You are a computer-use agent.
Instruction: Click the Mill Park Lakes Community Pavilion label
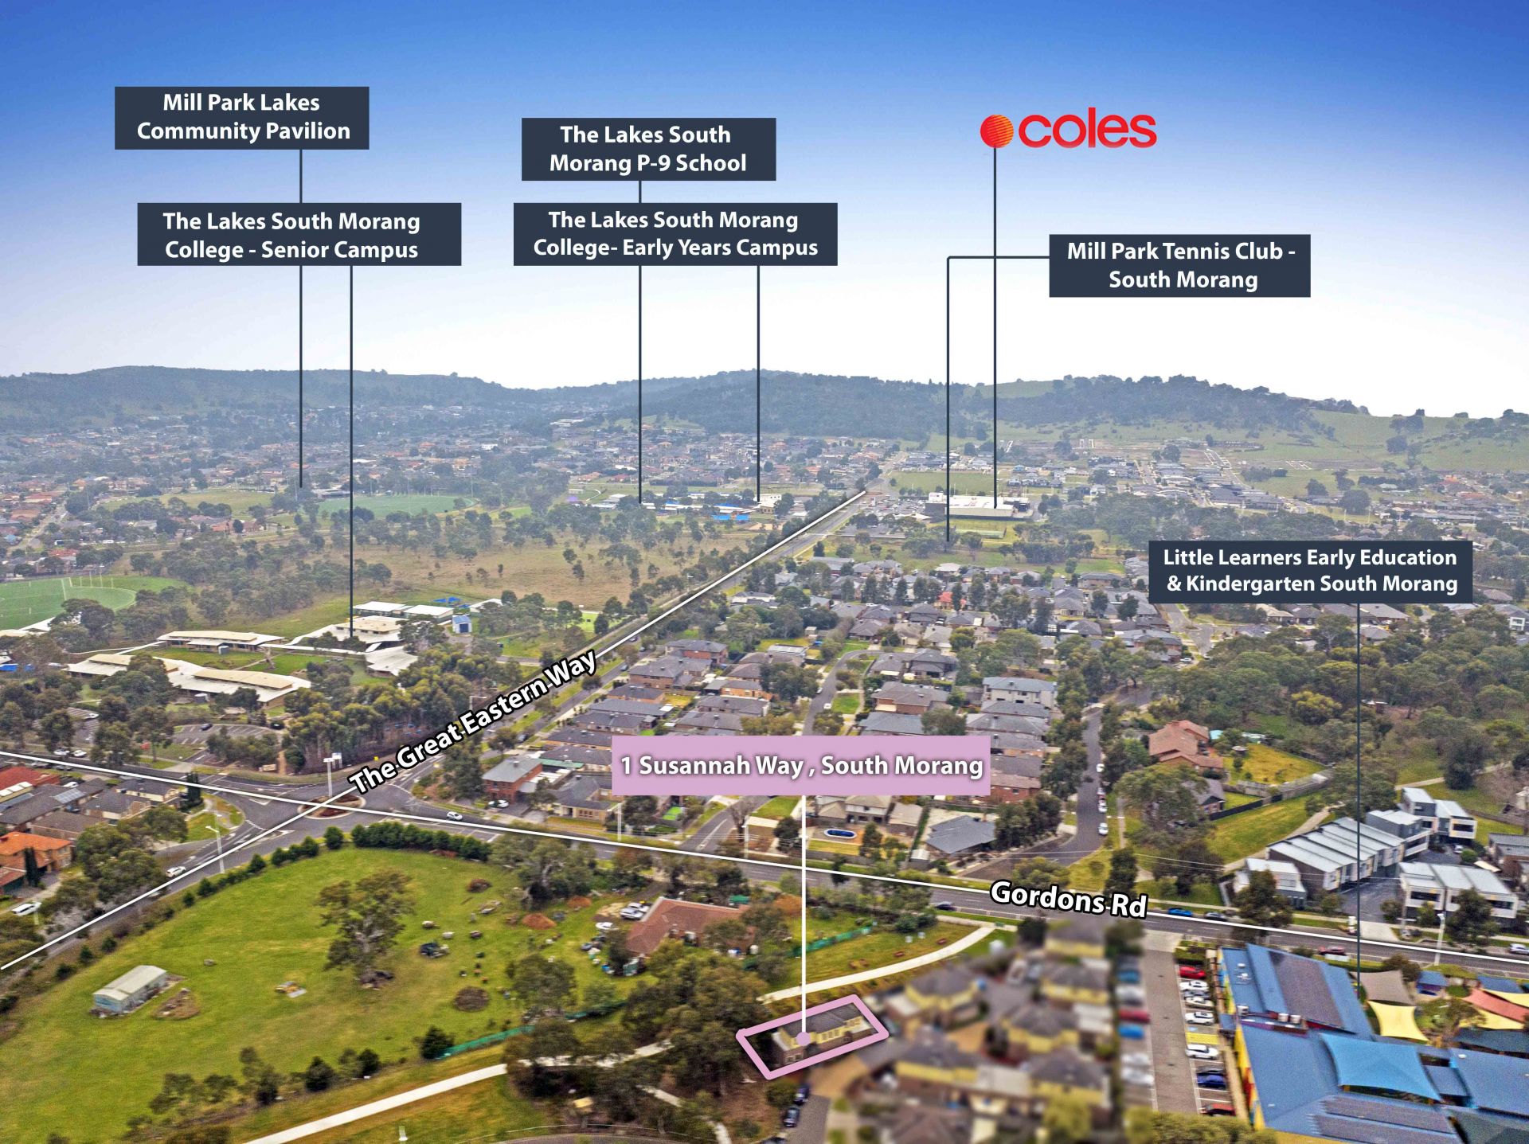coord(241,117)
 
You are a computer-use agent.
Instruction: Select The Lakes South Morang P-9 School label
coord(648,149)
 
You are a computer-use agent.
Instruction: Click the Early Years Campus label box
coord(675,233)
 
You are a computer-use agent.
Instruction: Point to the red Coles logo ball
coord(996,131)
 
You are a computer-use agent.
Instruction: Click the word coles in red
coord(1087,131)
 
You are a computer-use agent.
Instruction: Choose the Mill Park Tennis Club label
coord(1179,265)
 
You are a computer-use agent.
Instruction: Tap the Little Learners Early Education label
coord(1310,571)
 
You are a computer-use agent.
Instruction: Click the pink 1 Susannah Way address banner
coord(800,765)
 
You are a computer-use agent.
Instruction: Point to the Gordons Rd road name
coord(1068,900)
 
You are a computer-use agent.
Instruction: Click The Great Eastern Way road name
coord(473,722)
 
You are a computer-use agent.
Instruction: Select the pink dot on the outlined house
coord(804,1037)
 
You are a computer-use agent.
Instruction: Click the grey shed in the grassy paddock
coord(130,988)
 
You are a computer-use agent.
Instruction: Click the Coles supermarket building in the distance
coord(978,505)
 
